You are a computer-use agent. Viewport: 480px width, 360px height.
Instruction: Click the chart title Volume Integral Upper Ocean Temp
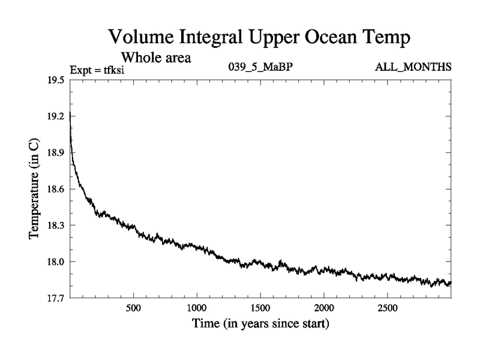260,38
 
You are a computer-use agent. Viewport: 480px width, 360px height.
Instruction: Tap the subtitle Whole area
156,58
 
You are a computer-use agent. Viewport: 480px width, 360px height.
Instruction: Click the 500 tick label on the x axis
133,308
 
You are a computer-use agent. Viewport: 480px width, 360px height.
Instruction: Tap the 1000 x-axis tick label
197,308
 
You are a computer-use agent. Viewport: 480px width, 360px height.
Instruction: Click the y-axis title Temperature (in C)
35,189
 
